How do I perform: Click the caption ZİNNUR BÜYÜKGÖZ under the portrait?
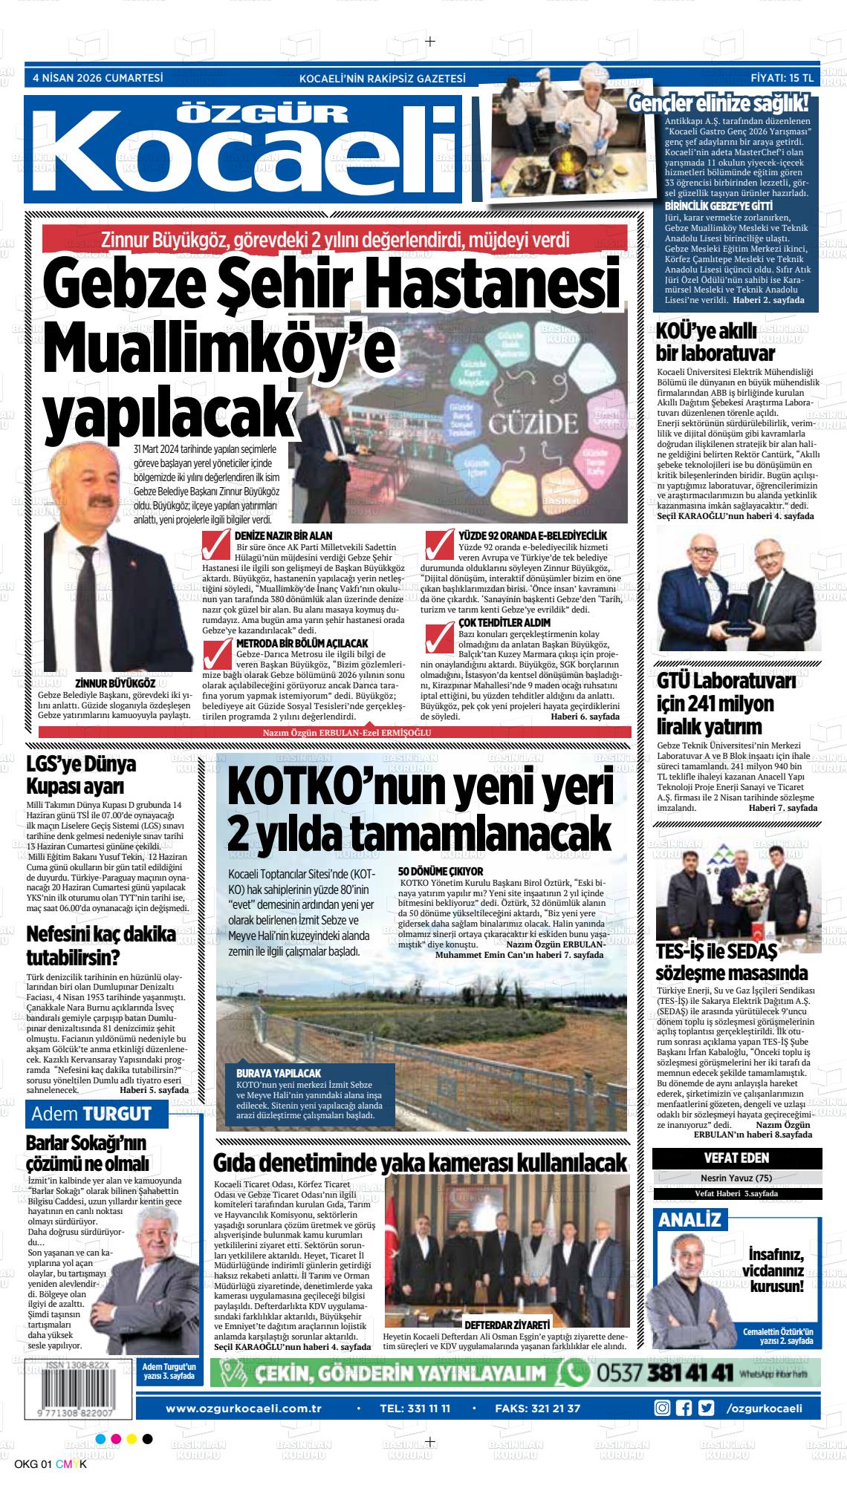pyautogui.click(x=115, y=683)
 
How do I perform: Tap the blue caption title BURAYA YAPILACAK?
pyautogui.click(x=279, y=1074)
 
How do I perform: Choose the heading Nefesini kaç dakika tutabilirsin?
pyautogui.click(x=101, y=944)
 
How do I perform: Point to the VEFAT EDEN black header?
pyautogui.click(x=736, y=1158)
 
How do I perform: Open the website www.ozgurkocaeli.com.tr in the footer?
pyautogui.click(x=243, y=1387)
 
